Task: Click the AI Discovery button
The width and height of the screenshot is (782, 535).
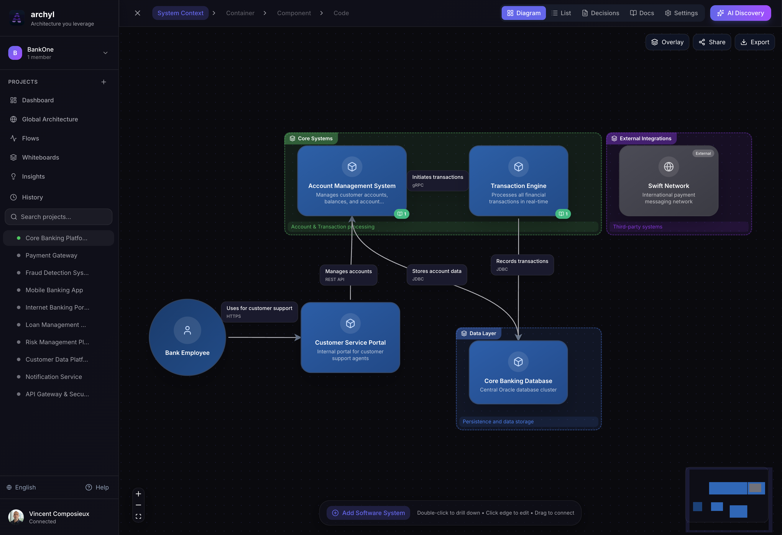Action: click(740, 13)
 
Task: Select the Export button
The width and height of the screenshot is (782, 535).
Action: click(754, 42)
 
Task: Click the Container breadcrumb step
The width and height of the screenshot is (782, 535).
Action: click(240, 13)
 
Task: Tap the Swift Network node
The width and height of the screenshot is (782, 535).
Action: click(668, 182)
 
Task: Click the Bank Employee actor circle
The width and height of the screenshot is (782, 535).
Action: click(187, 337)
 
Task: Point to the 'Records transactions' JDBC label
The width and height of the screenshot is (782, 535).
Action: click(522, 265)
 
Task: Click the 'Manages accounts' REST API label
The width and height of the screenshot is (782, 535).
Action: click(348, 275)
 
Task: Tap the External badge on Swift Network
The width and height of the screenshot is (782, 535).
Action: click(703, 153)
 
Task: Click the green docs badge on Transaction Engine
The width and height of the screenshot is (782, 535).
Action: click(563, 214)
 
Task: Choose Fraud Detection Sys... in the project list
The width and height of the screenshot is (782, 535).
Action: click(57, 273)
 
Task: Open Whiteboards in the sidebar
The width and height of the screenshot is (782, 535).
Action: click(40, 157)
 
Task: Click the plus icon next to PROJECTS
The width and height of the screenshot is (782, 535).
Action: click(104, 82)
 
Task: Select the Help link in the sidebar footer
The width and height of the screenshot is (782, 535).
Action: click(97, 487)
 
